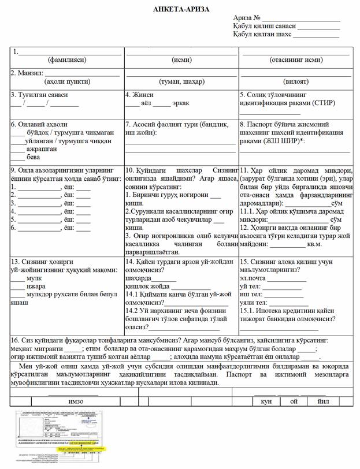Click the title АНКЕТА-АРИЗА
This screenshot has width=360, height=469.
[x=181, y=9]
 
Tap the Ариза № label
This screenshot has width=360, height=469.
[x=247, y=18]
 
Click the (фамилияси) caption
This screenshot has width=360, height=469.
[x=66, y=60]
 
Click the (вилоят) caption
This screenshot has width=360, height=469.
[x=296, y=82]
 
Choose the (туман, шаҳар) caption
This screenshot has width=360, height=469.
[x=182, y=82]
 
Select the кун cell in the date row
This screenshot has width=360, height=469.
[x=266, y=401]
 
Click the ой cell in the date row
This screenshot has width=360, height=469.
[x=294, y=401]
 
